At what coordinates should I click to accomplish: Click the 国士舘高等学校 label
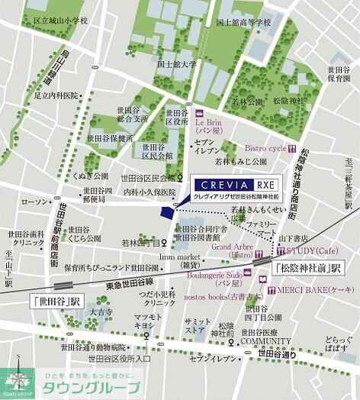tap(243, 23)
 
